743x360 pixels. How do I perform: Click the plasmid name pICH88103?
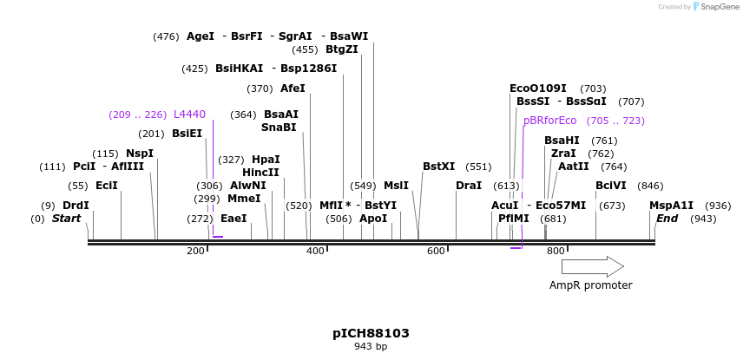click(x=371, y=333)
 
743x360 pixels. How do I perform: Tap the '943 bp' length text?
click(x=371, y=347)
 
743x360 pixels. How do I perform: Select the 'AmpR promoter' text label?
click(x=590, y=285)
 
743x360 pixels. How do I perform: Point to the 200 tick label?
click(x=195, y=251)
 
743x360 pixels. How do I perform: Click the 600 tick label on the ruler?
click(x=435, y=251)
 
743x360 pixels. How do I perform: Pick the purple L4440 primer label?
click(x=189, y=115)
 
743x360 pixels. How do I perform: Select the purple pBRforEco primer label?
click(x=549, y=121)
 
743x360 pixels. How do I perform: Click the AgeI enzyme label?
click(x=201, y=36)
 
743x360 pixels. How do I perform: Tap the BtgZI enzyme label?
click(x=341, y=49)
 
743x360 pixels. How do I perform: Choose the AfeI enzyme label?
click(x=293, y=88)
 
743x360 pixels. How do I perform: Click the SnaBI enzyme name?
click(x=279, y=128)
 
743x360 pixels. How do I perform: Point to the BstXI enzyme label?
click(x=438, y=167)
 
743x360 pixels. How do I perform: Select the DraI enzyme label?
click(x=469, y=186)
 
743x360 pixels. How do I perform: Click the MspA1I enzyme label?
click(x=672, y=206)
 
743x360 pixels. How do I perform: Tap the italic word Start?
click(x=66, y=219)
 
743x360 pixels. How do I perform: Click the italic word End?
click(x=667, y=219)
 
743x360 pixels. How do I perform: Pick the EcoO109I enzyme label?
click(x=537, y=88)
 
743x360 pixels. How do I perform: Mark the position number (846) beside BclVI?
click(x=650, y=186)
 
